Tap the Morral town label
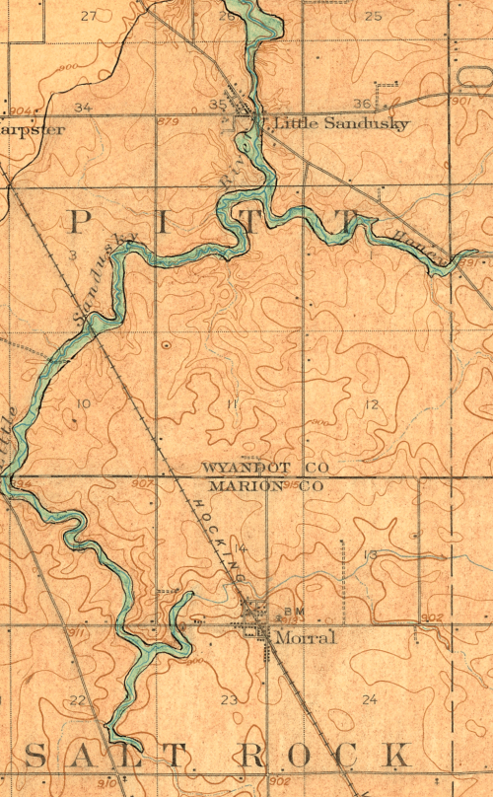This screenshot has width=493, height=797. [305, 638]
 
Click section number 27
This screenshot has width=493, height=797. [89, 16]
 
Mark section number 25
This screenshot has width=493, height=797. [373, 16]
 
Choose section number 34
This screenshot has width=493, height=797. [83, 107]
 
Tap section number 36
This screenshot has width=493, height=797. [361, 104]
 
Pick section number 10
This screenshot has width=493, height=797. [83, 404]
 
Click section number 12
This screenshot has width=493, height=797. [372, 405]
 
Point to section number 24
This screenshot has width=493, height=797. [370, 699]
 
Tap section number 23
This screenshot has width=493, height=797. [229, 699]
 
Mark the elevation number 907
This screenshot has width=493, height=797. [142, 483]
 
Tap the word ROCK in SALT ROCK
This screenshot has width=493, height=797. [324, 757]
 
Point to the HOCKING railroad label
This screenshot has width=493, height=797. [222, 533]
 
